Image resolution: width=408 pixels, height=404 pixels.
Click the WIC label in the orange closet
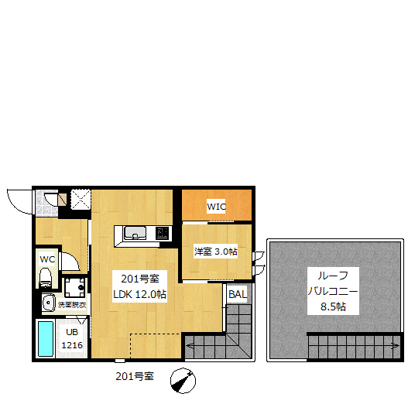[216, 207]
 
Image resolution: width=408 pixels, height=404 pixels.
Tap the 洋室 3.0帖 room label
[215, 252]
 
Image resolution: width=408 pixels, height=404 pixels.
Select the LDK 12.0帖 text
[140, 294]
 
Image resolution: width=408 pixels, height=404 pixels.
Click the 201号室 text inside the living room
[139, 279]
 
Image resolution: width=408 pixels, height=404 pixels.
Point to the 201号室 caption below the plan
[134, 377]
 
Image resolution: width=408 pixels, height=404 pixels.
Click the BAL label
[237, 294]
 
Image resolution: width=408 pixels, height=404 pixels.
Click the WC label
[47, 258]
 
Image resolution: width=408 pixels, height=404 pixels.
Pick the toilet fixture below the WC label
[45, 276]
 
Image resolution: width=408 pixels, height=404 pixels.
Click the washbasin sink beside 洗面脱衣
[47, 303]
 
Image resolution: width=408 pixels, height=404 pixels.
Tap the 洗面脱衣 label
[72, 304]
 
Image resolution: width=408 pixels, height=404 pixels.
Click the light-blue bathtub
[45, 338]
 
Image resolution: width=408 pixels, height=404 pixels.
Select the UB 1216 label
[72, 339]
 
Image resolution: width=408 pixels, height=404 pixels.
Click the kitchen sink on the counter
[132, 232]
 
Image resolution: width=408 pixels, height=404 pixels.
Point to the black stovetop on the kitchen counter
[163, 231]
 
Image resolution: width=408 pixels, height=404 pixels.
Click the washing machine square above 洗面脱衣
[75, 287]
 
